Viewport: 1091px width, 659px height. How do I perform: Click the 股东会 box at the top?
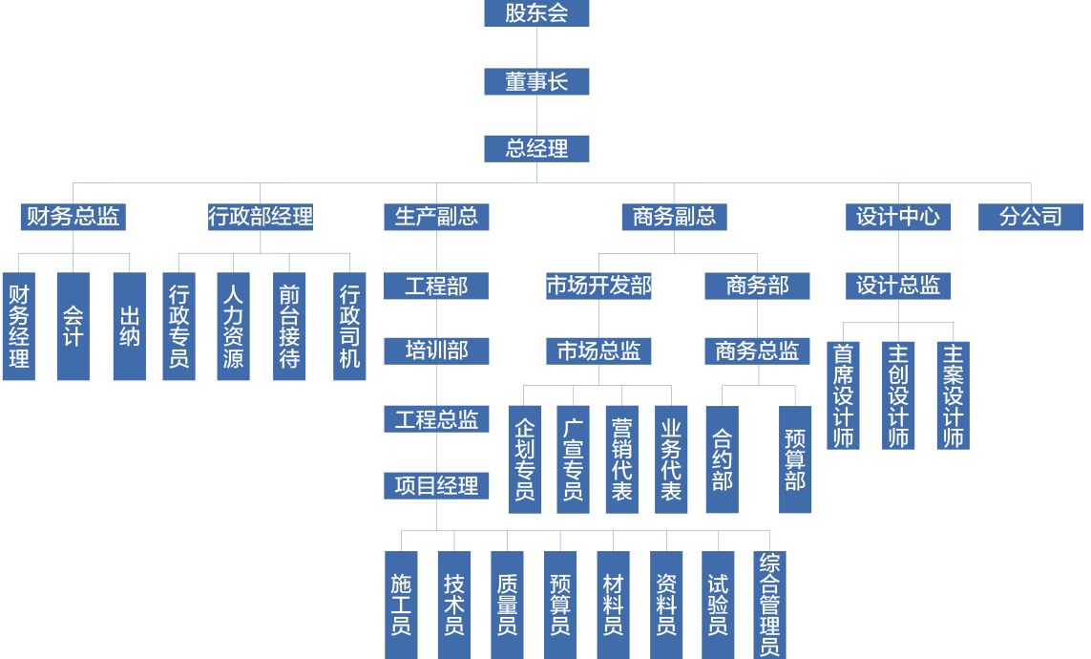pos(536,13)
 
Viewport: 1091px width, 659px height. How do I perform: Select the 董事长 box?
pos(536,82)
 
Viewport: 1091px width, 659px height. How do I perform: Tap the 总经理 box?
pos(536,148)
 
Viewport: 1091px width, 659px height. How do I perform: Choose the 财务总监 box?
pos(73,217)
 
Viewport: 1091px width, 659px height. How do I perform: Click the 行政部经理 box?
pos(261,217)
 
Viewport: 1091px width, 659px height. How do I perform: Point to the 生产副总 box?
pos(437,217)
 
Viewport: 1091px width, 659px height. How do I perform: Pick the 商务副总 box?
pos(674,217)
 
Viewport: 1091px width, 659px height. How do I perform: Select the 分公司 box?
pos(1031,217)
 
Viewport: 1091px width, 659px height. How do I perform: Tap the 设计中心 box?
pos(897,217)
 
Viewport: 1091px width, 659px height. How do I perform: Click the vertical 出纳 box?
pos(130,327)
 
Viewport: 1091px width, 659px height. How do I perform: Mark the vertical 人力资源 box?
pos(233,327)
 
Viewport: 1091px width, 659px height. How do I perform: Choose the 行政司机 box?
pos(350,327)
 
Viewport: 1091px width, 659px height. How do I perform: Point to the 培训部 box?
pos(437,351)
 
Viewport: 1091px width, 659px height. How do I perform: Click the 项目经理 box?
pos(437,486)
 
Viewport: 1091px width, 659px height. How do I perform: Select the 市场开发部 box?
pos(598,286)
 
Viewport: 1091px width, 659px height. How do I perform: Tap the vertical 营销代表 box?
pos(621,459)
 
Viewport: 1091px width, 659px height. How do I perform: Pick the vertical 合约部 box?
pos(722,459)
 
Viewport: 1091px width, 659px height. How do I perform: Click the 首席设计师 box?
pos(843,394)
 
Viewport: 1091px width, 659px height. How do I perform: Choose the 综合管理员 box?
pos(769,605)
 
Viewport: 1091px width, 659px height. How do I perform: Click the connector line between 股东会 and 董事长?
pos(536,48)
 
